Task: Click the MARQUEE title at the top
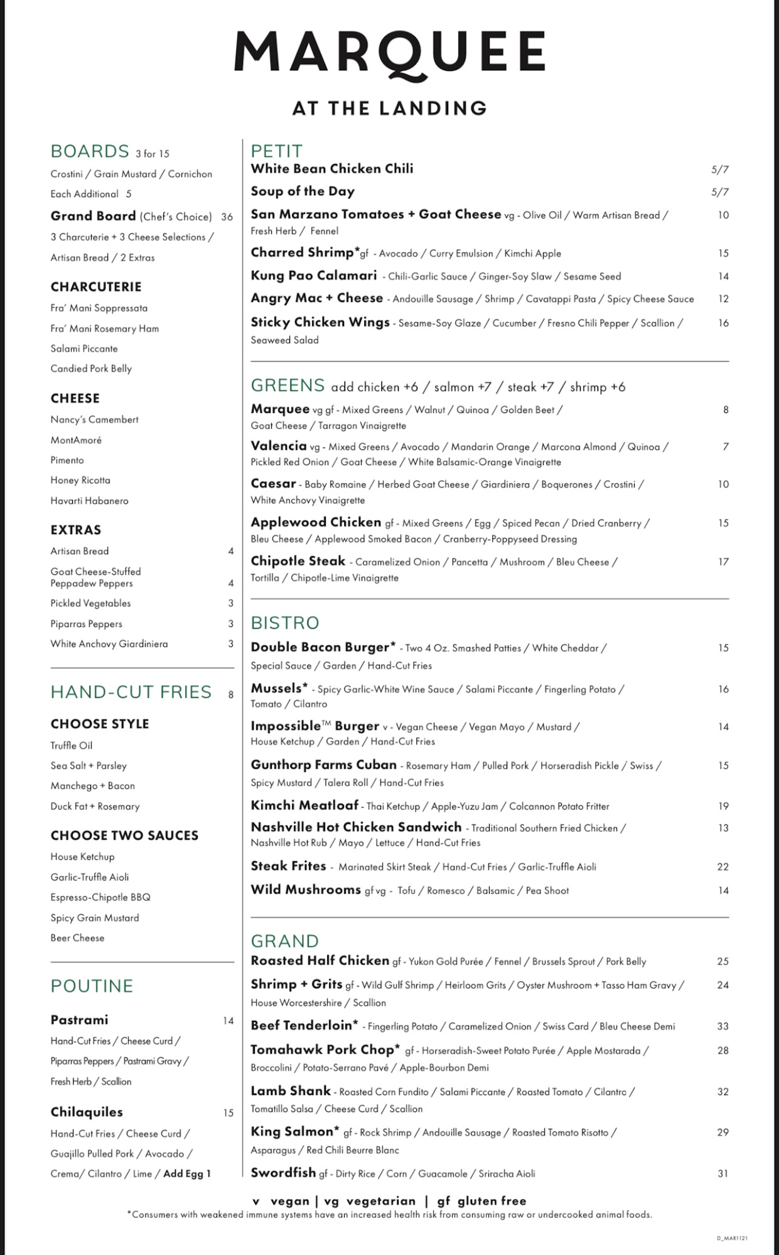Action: point(389,53)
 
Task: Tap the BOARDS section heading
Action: point(90,152)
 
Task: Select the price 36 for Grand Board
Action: point(227,217)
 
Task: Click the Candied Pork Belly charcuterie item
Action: point(91,369)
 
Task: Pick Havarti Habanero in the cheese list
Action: point(89,501)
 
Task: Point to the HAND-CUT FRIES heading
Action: point(131,692)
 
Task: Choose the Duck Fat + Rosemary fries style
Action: point(95,806)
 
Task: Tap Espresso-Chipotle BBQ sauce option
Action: point(100,897)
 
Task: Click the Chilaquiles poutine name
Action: point(87,1112)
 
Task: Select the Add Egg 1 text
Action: point(187,1173)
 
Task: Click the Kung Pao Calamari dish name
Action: point(314,275)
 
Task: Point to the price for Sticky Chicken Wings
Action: point(723,323)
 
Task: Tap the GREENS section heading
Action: point(287,385)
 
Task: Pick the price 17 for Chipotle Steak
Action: point(723,562)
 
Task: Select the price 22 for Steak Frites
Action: point(723,867)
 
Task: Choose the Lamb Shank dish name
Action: point(291,1091)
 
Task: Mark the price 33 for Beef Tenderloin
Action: point(723,1027)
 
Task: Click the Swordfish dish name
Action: point(282,1173)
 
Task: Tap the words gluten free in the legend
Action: point(492,1201)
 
